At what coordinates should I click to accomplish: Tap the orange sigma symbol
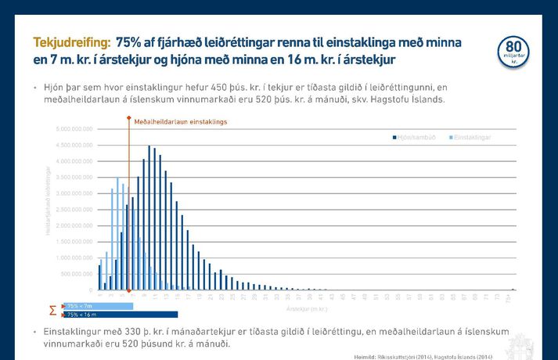coord(52,310)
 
